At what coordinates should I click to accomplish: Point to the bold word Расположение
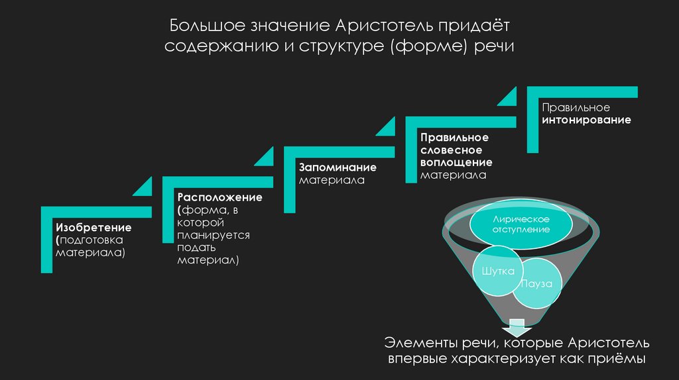[x=219, y=197]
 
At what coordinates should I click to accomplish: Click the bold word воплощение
[x=456, y=162]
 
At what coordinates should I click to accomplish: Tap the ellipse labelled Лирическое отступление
[x=521, y=224]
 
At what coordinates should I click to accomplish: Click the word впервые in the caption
[x=415, y=359]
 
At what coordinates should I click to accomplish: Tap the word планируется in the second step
[x=213, y=235]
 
